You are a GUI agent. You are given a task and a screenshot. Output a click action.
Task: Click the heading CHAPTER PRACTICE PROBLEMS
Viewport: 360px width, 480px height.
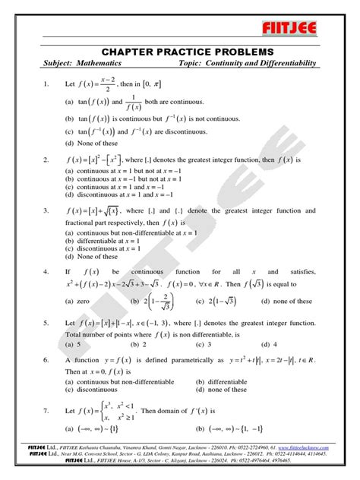pyautogui.click(x=180, y=50)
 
